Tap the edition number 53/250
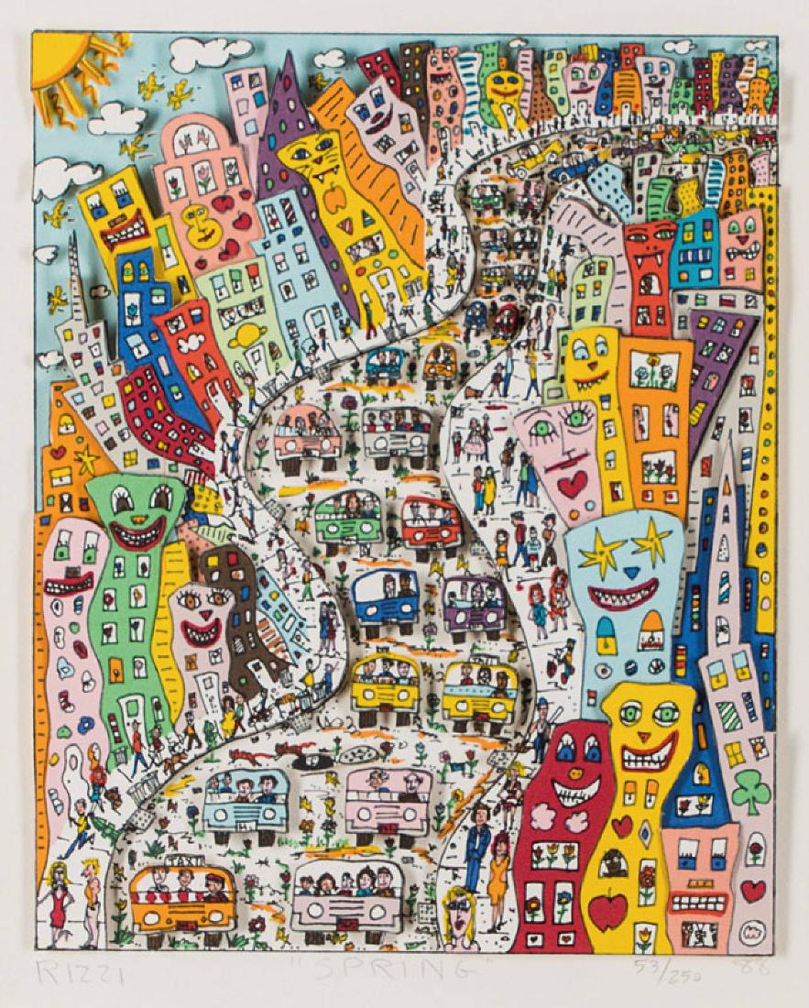(661, 970)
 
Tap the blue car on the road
(384, 596)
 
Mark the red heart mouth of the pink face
(573, 486)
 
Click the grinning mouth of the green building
(138, 534)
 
